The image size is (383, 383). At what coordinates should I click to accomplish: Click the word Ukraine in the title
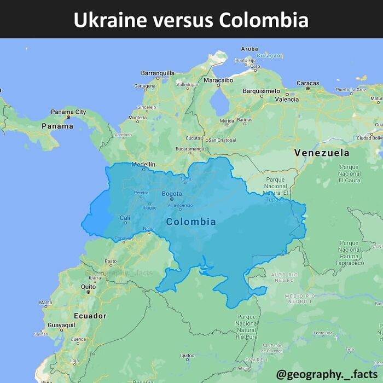click(x=111, y=20)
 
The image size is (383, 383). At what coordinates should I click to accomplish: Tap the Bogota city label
click(x=172, y=194)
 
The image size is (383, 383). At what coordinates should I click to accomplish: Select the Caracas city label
click(x=307, y=83)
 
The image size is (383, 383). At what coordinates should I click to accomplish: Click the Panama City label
click(x=68, y=112)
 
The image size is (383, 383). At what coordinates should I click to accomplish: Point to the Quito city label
click(x=88, y=287)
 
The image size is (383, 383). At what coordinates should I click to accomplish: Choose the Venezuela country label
click(x=321, y=153)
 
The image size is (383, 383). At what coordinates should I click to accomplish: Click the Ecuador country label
click(x=90, y=316)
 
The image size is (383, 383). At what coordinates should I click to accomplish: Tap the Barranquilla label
click(x=158, y=73)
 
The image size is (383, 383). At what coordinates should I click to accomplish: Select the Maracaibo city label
click(x=218, y=80)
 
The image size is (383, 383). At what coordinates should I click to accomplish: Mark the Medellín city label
click(x=143, y=164)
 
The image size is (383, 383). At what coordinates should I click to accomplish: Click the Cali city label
click(x=125, y=218)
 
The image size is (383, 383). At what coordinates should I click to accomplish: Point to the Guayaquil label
click(x=61, y=325)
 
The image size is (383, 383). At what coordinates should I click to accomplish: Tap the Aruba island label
click(x=249, y=49)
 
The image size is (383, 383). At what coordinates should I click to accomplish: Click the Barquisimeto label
click(x=261, y=91)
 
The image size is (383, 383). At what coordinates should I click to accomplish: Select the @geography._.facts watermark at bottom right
click(x=327, y=374)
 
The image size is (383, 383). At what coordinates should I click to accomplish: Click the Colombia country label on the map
click(x=191, y=222)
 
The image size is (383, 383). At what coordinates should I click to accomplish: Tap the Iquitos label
click(x=187, y=356)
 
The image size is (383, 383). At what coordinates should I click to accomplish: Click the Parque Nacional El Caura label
click(x=349, y=173)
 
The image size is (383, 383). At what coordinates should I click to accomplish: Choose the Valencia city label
click(x=287, y=100)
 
